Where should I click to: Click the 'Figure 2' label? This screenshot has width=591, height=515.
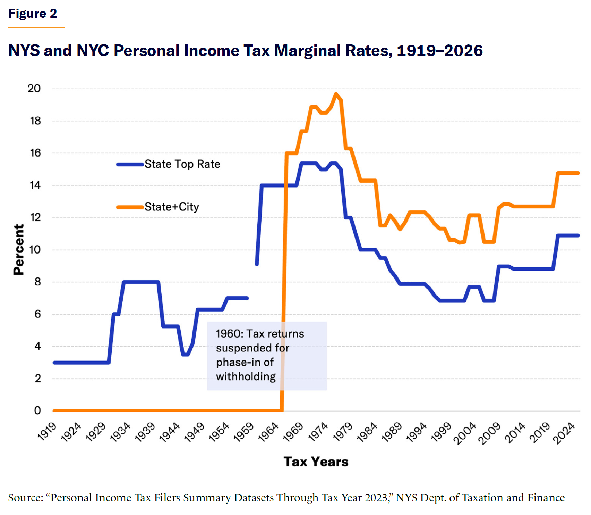(32, 14)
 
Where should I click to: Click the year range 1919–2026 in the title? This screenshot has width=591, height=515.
(439, 51)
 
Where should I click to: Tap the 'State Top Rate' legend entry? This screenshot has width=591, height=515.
(182, 164)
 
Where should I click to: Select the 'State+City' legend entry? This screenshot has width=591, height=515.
(172, 207)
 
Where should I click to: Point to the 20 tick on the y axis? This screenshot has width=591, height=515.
(34, 89)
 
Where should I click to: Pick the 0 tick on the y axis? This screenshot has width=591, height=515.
(37, 410)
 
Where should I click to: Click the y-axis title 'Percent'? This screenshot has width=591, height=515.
(19, 249)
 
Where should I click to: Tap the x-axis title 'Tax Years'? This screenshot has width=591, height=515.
(316, 462)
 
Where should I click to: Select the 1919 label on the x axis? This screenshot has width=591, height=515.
(47, 432)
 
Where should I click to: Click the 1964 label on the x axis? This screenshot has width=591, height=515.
(268, 432)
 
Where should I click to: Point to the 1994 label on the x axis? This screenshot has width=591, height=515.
(416, 432)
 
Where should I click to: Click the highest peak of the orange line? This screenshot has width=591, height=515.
(336, 94)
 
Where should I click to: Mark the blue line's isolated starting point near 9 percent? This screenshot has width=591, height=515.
(257, 264)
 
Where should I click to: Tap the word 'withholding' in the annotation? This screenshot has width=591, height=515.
(246, 376)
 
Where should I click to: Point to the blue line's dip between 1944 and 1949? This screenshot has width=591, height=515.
(186, 355)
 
